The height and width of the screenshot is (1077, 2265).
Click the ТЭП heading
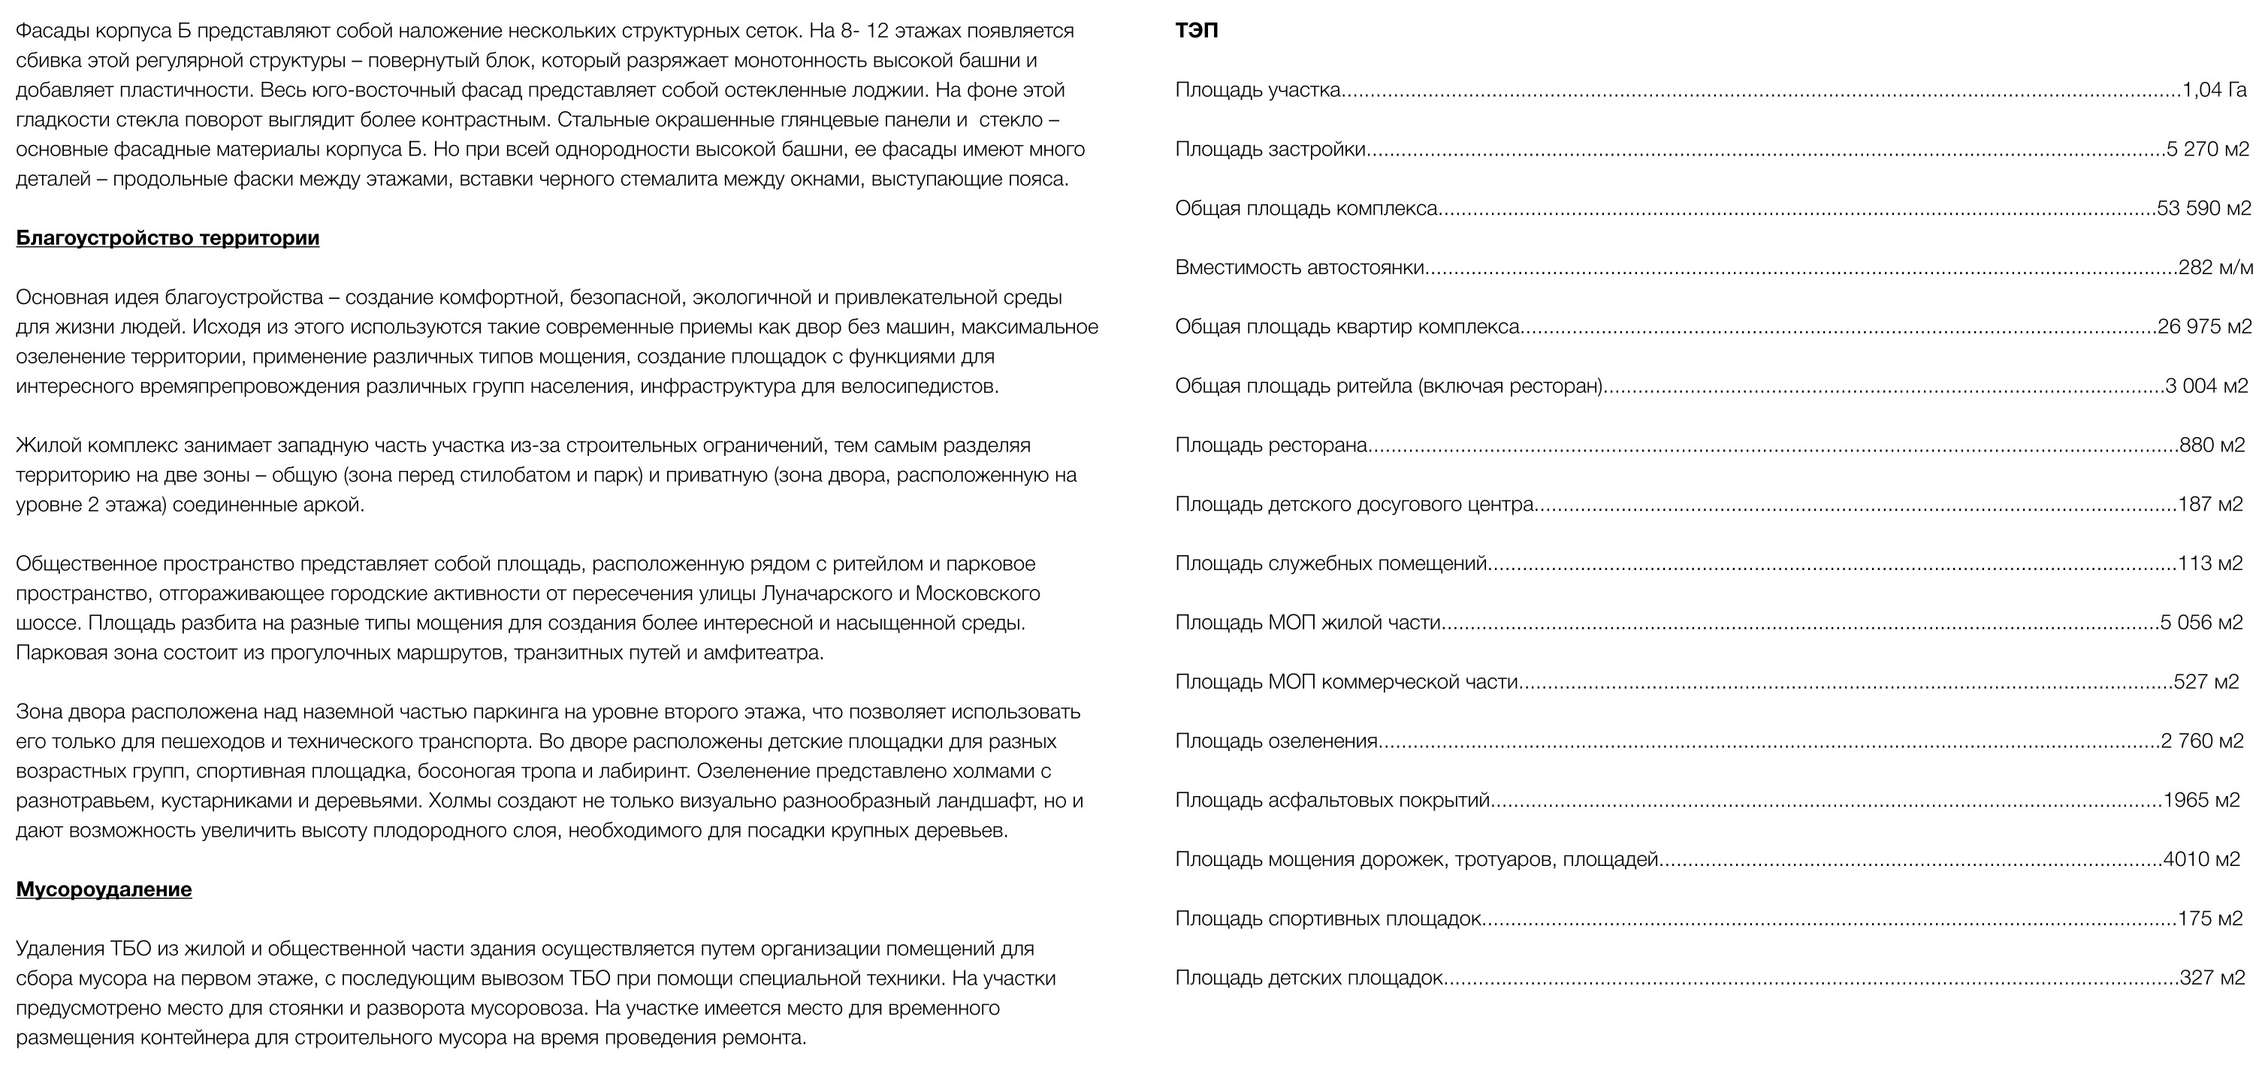(x=1197, y=31)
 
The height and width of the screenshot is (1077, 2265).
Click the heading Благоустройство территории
(x=167, y=238)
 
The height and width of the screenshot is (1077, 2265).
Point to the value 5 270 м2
(x=2207, y=149)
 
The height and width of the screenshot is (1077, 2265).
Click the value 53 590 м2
(x=2203, y=208)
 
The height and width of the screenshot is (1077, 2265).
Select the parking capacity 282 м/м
(x=2215, y=267)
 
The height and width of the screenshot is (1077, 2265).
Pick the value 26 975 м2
(x=2204, y=327)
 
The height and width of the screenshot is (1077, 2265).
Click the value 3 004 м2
(x=2206, y=386)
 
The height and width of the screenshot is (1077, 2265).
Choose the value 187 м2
(x=2210, y=505)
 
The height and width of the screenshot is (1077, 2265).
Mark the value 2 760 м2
(x=2202, y=741)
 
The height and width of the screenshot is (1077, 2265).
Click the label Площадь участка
(x=1258, y=89)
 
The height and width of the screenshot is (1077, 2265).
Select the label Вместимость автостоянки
(x=1300, y=267)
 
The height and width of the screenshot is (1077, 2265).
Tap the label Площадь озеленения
(x=1276, y=741)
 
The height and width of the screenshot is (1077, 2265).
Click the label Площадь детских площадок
(x=1309, y=978)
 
